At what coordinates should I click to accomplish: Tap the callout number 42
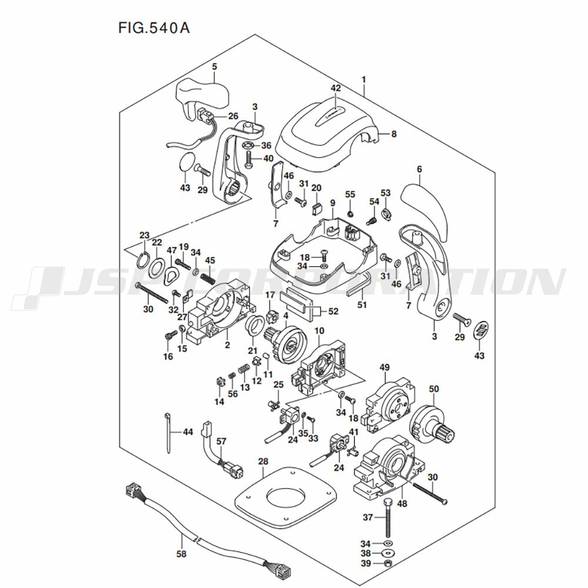[x=336, y=88]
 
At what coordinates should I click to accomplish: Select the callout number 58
[x=181, y=554]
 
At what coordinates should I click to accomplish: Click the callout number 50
[x=434, y=389]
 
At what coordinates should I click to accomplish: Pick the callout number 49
[x=385, y=368]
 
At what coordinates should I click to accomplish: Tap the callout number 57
[x=221, y=441]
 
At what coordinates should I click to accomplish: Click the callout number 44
[x=188, y=432]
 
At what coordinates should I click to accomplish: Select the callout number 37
[x=367, y=517]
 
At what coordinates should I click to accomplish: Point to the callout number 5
[x=215, y=67]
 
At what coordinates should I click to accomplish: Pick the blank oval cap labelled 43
[x=187, y=161]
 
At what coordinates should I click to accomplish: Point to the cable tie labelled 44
[x=166, y=432]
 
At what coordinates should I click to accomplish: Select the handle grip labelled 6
[x=425, y=206]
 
